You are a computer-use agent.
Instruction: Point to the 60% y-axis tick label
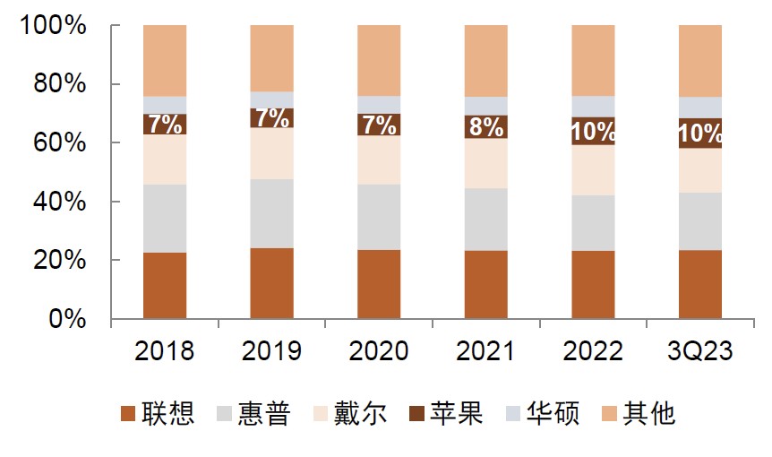[x=61, y=143]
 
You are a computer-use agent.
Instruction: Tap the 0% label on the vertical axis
[x=68, y=320]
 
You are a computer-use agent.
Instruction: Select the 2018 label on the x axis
[x=164, y=350]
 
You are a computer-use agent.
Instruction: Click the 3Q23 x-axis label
[x=699, y=350]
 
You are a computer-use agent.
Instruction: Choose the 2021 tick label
[x=485, y=350]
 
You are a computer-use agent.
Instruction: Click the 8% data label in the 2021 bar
[x=485, y=127]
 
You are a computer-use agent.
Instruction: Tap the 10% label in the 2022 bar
[x=593, y=132]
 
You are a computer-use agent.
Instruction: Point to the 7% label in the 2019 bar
[x=271, y=118]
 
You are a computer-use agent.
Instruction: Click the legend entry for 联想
[x=159, y=413]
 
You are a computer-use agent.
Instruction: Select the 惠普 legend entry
[x=254, y=413]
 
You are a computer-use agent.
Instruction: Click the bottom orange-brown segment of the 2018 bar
[x=165, y=285]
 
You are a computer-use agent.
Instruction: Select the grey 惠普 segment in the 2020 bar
[x=379, y=217]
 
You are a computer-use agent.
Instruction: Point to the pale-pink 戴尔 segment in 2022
[x=593, y=170]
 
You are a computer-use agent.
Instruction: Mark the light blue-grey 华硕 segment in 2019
[x=271, y=99]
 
